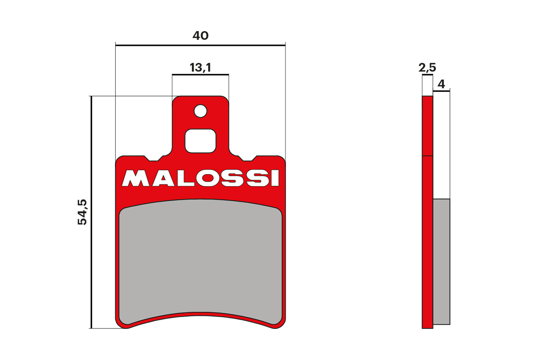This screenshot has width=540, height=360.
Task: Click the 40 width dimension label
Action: [x=200, y=36]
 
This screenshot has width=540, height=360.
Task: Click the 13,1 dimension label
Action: [x=200, y=67]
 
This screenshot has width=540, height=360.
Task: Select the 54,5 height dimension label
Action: [x=82, y=212]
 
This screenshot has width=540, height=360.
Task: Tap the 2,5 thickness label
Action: [x=427, y=67]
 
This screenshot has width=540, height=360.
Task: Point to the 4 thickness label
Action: [x=441, y=84]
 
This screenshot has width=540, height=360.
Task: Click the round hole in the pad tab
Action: [x=201, y=111]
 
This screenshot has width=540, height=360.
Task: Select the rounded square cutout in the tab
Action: [x=201, y=141]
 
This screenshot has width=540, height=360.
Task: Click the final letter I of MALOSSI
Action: [x=275, y=178]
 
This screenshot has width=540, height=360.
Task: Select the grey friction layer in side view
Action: [x=441, y=262]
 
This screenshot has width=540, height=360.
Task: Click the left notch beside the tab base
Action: [x=153, y=159]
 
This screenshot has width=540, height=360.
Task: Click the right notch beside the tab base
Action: [x=247, y=159]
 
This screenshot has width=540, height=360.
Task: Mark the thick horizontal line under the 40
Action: [x=200, y=45]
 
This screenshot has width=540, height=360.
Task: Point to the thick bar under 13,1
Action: [x=200, y=74]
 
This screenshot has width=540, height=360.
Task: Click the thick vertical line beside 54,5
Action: [x=91, y=212]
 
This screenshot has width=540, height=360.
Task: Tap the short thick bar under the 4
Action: [x=441, y=90]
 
